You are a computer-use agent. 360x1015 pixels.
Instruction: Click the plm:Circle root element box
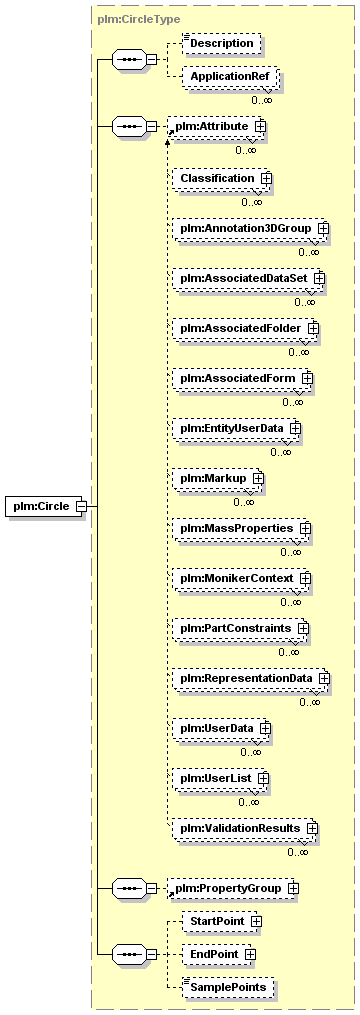coord(46,506)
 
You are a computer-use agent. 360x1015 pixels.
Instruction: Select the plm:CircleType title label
coord(139,19)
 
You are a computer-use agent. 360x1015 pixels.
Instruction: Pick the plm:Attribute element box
coord(216,126)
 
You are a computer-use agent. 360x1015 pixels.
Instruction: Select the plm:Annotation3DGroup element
coord(250,229)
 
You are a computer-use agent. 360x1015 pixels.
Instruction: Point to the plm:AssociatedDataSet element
coord(248,278)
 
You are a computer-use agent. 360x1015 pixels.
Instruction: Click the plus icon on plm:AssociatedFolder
coord(313,328)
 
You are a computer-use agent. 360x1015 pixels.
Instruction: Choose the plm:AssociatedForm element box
coord(242,378)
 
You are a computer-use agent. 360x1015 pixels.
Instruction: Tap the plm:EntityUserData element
coord(236,429)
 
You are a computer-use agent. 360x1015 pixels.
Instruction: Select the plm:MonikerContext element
coord(242,578)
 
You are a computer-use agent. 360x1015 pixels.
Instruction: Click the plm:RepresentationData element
coord(251,678)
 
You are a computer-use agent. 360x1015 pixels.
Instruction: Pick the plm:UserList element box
coord(220,778)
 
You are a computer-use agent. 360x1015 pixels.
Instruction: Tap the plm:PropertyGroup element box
coord(233,889)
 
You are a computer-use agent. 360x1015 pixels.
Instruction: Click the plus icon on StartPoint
coord(256,920)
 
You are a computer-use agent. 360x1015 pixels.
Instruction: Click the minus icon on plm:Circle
coord(81,506)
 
